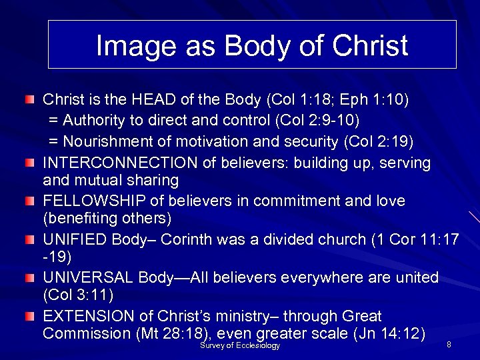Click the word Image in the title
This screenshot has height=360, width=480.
tap(124, 46)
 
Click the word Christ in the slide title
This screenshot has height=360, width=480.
tap(370, 45)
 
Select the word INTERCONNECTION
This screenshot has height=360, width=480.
tap(120, 163)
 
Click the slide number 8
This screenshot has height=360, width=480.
tap(449, 345)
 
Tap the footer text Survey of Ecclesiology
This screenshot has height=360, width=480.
tap(240, 346)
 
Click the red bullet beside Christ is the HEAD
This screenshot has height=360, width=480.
tap(30, 100)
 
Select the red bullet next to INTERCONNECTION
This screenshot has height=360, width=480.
tap(30, 163)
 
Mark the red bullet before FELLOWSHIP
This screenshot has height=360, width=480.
tap(30, 201)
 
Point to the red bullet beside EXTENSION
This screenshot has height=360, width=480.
tap(30, 315)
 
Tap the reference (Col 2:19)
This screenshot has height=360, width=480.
tap(378, 141)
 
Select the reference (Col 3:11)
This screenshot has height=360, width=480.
tap(77, 294)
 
